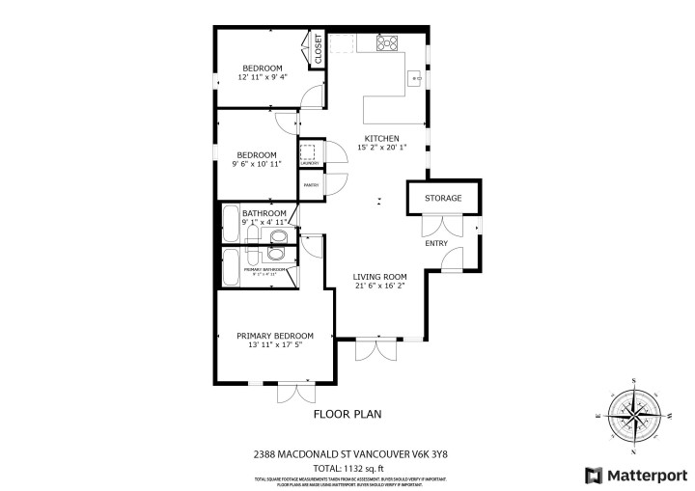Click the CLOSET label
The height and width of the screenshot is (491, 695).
point(318,49)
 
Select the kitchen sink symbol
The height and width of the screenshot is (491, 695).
point(416,77)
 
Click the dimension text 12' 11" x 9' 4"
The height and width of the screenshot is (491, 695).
point(263,77)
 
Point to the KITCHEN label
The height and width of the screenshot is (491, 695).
point(381,138)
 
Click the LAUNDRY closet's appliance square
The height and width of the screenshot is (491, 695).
point(309,153)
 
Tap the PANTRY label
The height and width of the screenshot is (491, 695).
point(311,184)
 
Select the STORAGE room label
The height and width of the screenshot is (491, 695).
point(443,198)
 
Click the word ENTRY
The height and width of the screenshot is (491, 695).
point(436,243)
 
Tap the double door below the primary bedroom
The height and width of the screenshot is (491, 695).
point(295,393)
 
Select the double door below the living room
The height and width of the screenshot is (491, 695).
point(375,349)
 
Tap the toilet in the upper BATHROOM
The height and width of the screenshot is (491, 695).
point(278,235)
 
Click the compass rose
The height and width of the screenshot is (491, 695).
point(633,416)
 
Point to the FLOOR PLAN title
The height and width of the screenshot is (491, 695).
point(347,414)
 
